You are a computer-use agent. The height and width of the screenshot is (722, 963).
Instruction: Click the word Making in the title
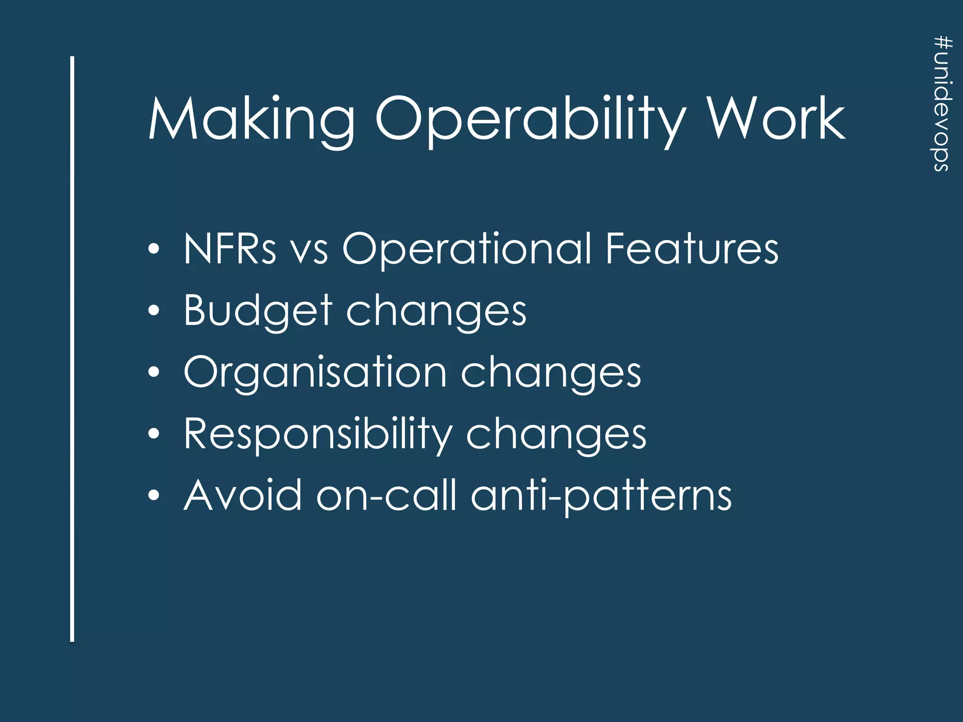(x=252, y=120)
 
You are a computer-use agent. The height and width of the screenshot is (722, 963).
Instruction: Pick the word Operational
(x=466, y=249)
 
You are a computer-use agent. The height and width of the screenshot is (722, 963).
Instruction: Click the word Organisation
(x=315, y=372)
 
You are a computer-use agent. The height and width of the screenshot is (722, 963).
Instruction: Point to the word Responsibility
(x=317, y=434)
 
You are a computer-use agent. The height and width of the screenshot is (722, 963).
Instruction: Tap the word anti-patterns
(x=601, y=497)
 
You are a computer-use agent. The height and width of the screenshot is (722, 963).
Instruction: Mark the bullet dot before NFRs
(x=154, y=249)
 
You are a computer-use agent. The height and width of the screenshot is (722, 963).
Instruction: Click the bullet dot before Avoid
(x=154, y=496)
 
